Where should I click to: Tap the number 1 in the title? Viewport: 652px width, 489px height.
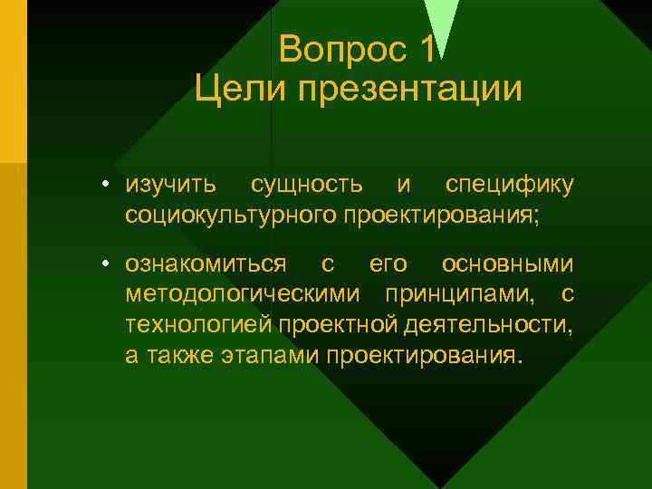pyautogui.click(x=428, y=49)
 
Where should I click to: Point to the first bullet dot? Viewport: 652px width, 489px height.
pyautogui.click(x=106, y=186)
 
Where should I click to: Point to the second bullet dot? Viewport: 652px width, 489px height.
pyautogui.click(x=106, y=264)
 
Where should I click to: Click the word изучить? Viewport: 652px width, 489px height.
pyautogui.click(x=171, y=186)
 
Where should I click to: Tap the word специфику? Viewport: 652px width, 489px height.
pyautogui.click(x=509, y=186)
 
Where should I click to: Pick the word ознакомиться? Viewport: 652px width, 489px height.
pyautogui.click(x=206, y=264)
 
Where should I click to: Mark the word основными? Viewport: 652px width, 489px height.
pyautogui.click(x=507, y=264)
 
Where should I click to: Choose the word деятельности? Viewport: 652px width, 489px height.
pyautogui.click(x=484, y=325)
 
